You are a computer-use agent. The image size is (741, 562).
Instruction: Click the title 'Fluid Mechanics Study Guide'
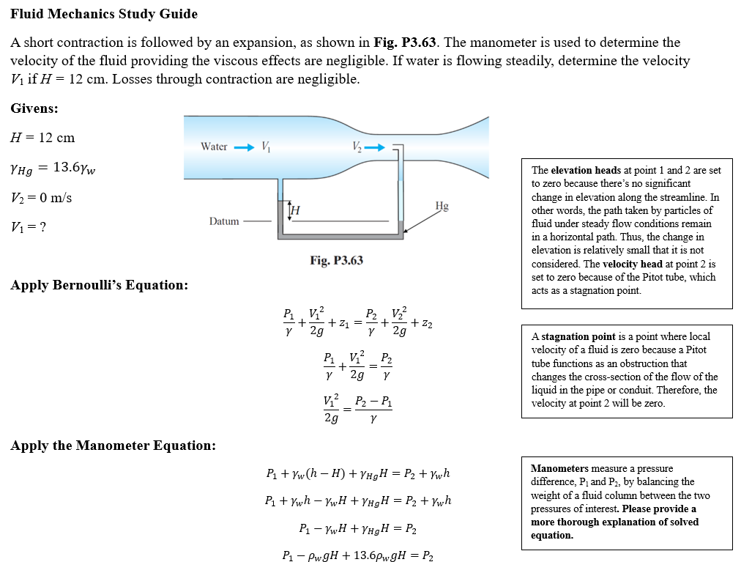104,14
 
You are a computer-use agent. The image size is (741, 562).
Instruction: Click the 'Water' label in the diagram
214,147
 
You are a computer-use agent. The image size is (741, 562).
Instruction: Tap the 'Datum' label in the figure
224,221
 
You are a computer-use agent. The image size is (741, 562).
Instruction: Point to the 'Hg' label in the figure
442,206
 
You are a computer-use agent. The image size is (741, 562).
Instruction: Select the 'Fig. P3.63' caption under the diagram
336,260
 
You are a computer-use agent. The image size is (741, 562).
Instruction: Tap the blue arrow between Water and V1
243,147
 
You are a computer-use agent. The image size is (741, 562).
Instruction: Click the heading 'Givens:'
34,108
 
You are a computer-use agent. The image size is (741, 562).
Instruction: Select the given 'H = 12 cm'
42,138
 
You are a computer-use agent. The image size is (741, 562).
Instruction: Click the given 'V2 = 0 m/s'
42,198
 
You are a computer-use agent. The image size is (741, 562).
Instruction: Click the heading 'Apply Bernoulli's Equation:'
99,284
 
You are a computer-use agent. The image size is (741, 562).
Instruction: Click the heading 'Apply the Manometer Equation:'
113,445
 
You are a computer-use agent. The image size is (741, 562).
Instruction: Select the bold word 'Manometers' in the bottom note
559,468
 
